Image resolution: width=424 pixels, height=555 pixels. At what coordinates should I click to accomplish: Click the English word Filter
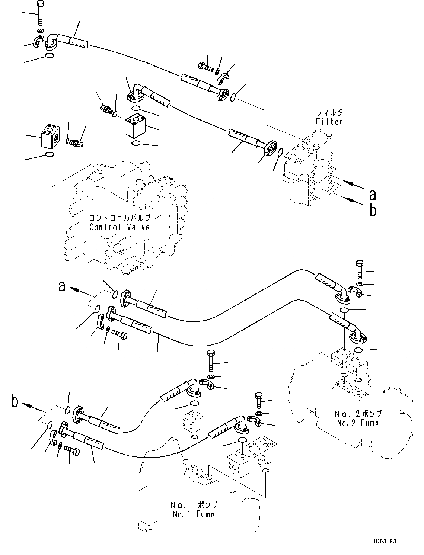pyautogui.click(x=329, y=121)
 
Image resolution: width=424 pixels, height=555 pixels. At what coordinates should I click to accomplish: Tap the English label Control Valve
pyautogui.click(x=119, y=227)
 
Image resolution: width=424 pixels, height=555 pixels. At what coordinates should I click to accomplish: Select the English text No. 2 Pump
pyautogui.click(x=358, y=423)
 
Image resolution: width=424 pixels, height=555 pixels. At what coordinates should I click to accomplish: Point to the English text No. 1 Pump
pyautogui.click(x=194, y=514)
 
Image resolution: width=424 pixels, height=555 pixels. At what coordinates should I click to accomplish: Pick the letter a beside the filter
pyautogui.click(x=372, y=194)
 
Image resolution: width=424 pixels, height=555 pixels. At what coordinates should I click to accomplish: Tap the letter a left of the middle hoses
pyautogui.click(x=62, y=286)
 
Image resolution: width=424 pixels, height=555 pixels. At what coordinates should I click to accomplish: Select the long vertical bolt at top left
pyautogui.click(x=40, y=13)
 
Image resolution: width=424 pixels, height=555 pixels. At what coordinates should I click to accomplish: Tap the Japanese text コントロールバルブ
pyautogui.click(x=120, y=218)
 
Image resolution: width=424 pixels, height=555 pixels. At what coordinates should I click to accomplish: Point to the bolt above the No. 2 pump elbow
pyautogui.click(x=360, y=269)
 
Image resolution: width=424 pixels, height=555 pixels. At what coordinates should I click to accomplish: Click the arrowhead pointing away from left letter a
pyautogui.click(x=73, y=289)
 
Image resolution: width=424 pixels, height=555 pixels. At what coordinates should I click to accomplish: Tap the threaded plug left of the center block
pyautogui.click(x=106, y=110)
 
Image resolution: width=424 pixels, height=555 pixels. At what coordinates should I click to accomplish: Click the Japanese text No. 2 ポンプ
pyautogui.click(x=358, y=414)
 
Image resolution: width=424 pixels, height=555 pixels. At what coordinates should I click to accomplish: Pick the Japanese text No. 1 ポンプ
pyautogui.click(x=194, y=505)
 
